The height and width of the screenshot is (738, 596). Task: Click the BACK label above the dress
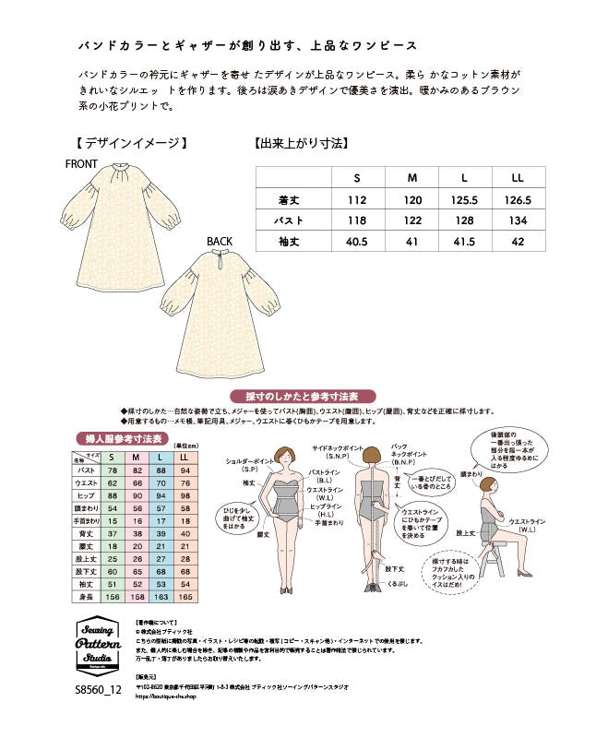tap(221, 243)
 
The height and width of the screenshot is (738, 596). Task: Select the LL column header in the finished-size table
tap(518, 178)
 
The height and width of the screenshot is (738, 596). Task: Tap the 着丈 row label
tap(291, 200)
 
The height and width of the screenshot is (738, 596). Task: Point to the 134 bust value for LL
tap(518, 220)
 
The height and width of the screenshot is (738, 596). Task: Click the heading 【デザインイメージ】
tap(133, 143)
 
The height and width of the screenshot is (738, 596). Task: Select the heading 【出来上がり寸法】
tap(302, 143)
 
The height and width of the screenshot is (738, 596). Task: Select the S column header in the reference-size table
tap(113, 457)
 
